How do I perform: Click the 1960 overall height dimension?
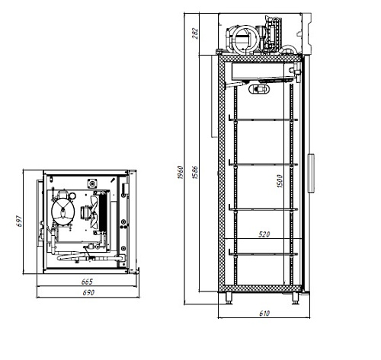pos(181,172)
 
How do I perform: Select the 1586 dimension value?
pos(195,172)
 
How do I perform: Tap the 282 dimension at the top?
pos(195,33)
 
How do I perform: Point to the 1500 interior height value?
pos(280,181)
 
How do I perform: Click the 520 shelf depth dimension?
pos(264,234)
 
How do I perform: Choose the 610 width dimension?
pos(264,314)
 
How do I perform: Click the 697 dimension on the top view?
pos(19,221)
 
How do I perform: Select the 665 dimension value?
pos(87,282)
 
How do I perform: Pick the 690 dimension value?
pos(88,292)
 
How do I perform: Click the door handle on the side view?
pos(311,173)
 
